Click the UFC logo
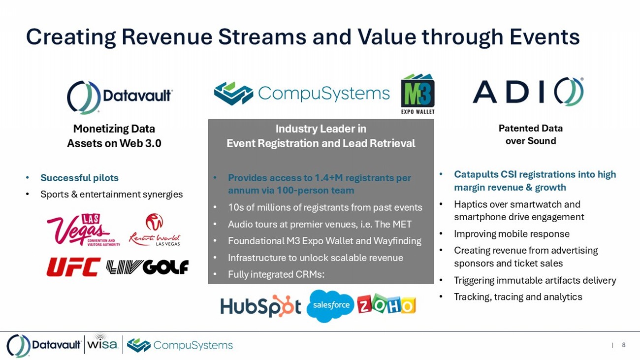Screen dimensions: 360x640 (73, 267)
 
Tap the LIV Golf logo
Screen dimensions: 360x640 (148, 267)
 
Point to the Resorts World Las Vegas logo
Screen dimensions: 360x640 (155, 230)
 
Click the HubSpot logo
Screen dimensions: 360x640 (260, 306)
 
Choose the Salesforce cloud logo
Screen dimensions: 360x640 (330, 306)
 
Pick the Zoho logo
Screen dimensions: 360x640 (386, 304)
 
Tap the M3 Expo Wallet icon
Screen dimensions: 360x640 (417, 94)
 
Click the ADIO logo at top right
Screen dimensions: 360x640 (528, 92)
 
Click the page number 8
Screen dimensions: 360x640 (624, 345)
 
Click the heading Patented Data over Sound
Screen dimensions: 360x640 (530, 134)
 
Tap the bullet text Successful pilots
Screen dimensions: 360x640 (79, 178)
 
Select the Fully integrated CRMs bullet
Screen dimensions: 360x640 (276, 274)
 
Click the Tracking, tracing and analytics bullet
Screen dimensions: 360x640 (518, 297)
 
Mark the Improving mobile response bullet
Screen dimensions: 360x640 (512, 234)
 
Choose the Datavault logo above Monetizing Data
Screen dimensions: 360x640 (120, 97)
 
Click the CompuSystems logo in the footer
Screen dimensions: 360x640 (180, 345)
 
